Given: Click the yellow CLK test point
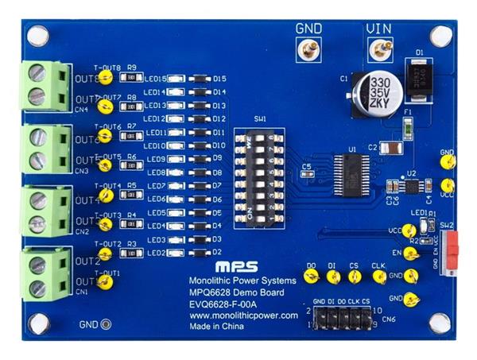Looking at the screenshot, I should [x=378, y=277].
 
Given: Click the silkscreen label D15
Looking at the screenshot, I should [x=220, y=79].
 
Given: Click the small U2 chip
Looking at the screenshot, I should [x=412, y=185].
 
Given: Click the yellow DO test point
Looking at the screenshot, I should [x=311, y=277].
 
